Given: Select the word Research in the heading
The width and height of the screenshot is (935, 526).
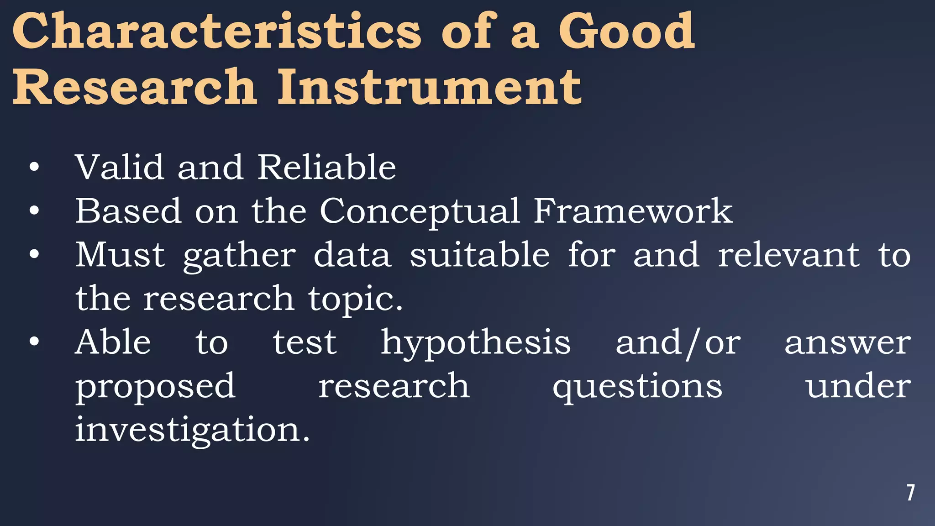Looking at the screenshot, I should [135, 87].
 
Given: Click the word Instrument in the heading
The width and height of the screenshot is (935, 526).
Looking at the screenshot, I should [429, 87].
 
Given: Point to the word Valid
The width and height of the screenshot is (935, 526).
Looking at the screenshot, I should [119, 167].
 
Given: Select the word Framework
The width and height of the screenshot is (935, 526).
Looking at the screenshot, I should [633, 211].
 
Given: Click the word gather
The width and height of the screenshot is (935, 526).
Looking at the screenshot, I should [240, 256].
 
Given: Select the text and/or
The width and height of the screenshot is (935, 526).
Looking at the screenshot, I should [678, 342].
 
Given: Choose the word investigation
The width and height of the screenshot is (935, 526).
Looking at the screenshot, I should [192, 430].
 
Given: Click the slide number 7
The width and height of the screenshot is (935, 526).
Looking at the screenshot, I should [910, 493].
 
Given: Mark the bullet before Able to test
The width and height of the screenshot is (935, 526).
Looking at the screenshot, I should [34, 342].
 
